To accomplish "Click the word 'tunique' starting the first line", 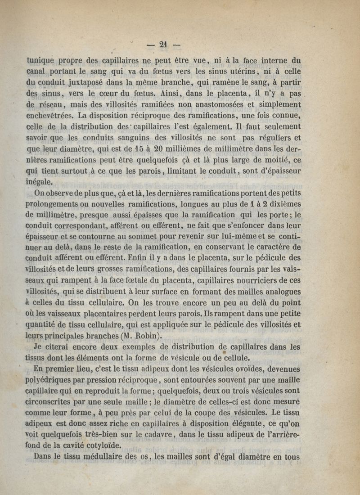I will [x=42, y=60].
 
